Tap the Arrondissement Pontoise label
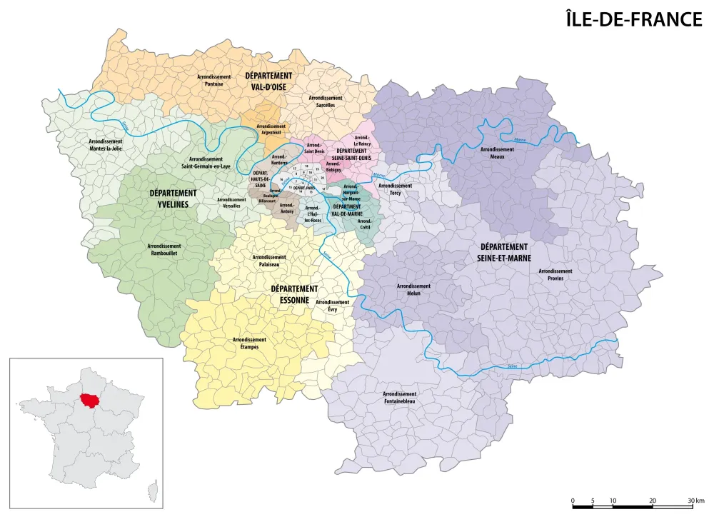(x=213, y=80)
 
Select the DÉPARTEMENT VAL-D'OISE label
(x=268, y=81)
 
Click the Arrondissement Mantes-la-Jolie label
(x=105, y=145)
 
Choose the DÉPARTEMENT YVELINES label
(x=173, y=198)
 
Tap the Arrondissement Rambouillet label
(x=164, y=249)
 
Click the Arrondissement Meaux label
(x=497, y=154)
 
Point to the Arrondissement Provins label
(x=555, y=275)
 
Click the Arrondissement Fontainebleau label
(x=399, y=398)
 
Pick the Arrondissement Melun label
(x=413, y=289)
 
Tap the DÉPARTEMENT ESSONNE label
(x=294, y=294)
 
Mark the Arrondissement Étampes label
(x=249, y=343)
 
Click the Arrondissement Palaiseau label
(x=269, y=261)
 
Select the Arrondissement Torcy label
(x=395, y=189)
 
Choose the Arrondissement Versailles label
(x=231, y=203)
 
